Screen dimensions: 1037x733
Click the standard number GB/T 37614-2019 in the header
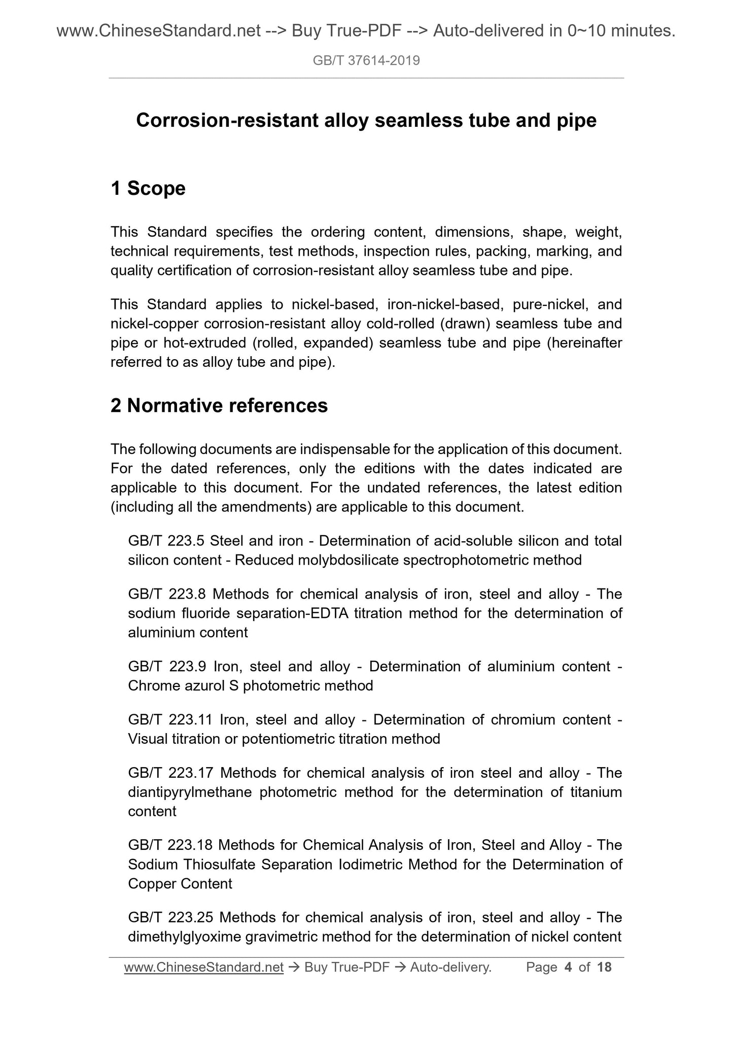point(366,61)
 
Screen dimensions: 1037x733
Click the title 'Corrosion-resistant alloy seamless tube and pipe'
point(366,121)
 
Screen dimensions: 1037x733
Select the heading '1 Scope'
point(148,188)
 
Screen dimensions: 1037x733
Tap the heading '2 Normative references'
point(219,406)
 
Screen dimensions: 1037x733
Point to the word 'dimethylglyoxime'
point(184,937)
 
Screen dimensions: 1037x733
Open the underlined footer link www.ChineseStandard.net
point(203,967)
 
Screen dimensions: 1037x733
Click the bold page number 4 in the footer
point(568,967)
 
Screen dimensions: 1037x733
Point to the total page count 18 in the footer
point(605,967)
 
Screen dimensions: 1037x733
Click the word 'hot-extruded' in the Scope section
point(203,343)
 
